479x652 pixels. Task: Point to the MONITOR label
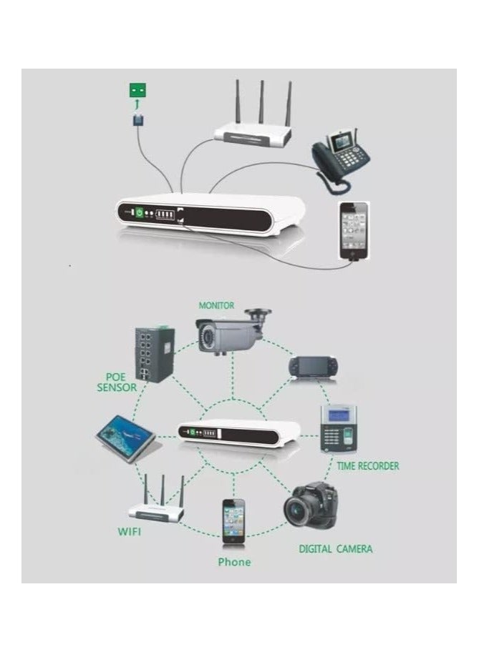(x=216, y=305)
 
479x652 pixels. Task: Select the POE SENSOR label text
(x=116, y=382)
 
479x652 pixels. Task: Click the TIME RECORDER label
(x=367, y=466)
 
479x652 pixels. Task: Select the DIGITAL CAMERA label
(x=335, y=549)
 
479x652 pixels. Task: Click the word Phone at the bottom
(x=234, y=562)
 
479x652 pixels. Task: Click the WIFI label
(x=129, y=532)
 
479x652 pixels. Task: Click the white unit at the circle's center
(x=238, y=431)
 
